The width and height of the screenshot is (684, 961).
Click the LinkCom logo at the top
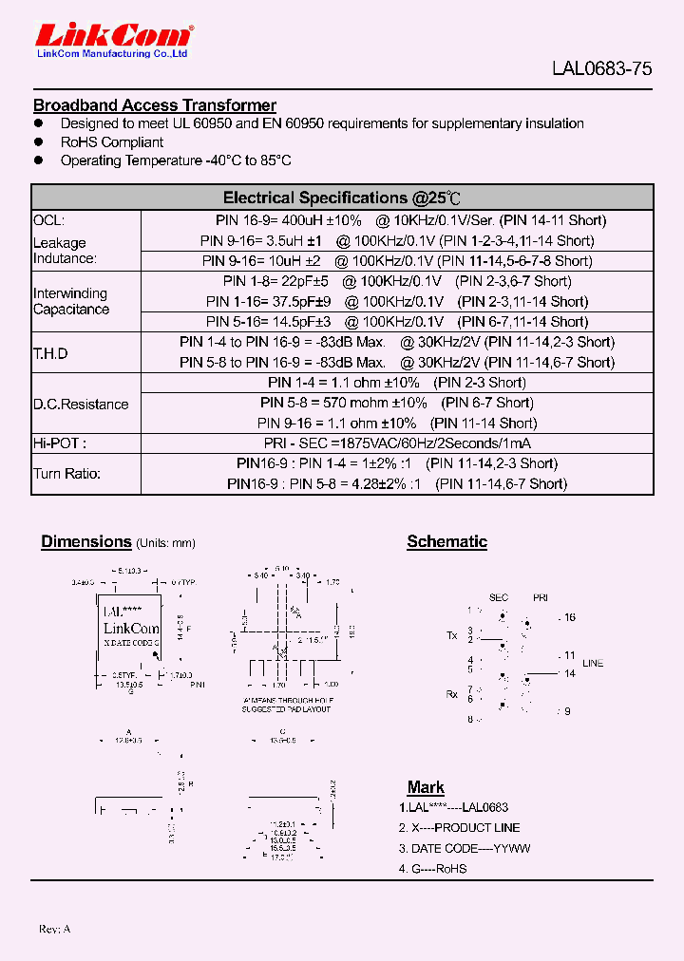click(114, 37)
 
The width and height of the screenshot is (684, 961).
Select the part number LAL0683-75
click(602, 68)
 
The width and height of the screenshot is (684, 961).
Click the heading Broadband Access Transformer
click(155, 105)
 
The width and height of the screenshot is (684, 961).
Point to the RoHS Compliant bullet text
click(112, 142)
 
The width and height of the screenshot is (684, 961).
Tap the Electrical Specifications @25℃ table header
click(342, 198)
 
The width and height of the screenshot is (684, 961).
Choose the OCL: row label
click(49, 220)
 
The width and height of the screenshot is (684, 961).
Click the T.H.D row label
click(51, 353)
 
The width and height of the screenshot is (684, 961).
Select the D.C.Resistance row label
click(81, 405)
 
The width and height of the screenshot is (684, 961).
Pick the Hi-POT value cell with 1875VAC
click(397, 443)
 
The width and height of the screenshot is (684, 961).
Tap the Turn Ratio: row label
click(66, 474)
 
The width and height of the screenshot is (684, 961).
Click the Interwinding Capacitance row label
click(71, 301)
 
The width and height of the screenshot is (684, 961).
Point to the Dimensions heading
click(85, 542)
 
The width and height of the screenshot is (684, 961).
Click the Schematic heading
click(446, 542)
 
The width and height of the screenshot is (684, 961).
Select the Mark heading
click(426, 787)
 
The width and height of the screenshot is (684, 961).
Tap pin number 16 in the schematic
click(569, 617)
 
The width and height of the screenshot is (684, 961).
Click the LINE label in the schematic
click(593, 663)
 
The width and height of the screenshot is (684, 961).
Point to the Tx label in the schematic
click(451, 634)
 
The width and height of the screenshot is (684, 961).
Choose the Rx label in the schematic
click(452, 694)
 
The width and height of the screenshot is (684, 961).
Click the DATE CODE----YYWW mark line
click(465, 848)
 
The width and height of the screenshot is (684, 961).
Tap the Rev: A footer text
click(54, 928)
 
